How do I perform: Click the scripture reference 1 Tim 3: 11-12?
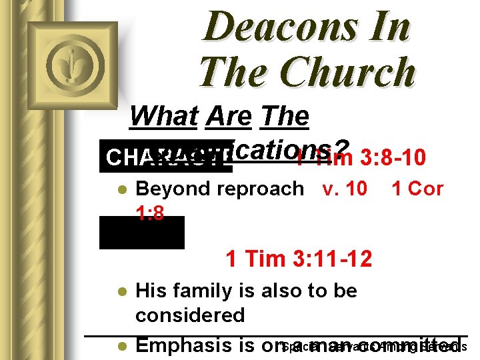(299, 258)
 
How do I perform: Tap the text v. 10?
(344, 189)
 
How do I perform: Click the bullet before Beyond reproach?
(120, 189)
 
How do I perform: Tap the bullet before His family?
(120, 291)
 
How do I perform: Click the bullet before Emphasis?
(120, 347)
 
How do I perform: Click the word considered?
(190, 315)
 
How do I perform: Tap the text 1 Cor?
(417, 189)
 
